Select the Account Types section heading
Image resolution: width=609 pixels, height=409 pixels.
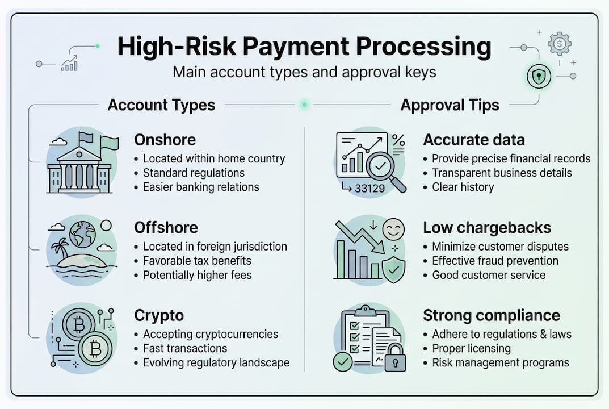(161, 105)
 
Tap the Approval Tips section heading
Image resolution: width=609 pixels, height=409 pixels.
(450, 105)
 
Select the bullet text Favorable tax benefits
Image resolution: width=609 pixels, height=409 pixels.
(197, 261)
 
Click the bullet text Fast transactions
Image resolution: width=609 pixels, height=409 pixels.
(184, 348)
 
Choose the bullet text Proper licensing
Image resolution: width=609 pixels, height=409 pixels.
(471, 348)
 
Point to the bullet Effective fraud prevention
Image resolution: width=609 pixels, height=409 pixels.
(495, 261)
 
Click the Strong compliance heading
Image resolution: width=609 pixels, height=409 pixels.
(492, 316)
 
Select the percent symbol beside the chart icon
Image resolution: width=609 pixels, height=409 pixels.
(398, 140)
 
